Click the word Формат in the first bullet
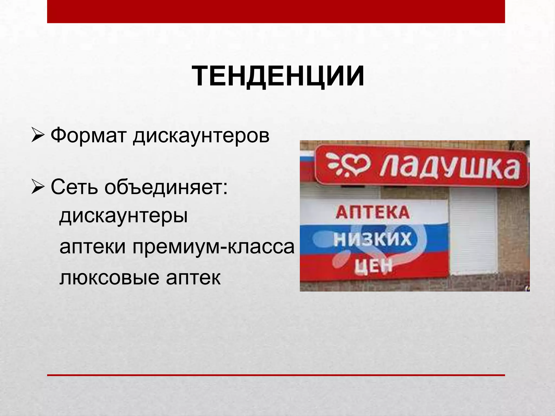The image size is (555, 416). (x=89, y=135)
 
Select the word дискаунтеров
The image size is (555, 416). (x=201, y=136)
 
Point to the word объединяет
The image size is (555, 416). (x=166, y=188)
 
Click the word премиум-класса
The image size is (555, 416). (x=213, y=247)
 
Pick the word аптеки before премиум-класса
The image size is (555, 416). (x=92, y=247)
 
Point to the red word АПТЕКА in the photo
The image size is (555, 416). (x=373, y=212)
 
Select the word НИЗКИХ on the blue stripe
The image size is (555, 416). (x=372, y=239)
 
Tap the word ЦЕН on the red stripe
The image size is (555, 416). (x=373, y=266)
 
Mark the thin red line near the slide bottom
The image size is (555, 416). (x=276, y=375)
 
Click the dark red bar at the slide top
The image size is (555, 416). (x=276, y=11)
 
